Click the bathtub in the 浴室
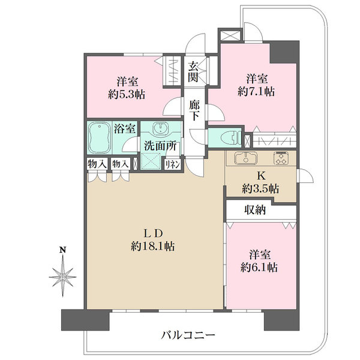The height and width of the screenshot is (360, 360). pos(100,138)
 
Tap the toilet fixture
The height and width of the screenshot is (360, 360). pos(231,138)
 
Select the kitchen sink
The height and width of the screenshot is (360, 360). pos(245,158)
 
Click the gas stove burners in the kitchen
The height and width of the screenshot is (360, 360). pos(281,158)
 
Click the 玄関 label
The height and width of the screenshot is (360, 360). pos(193,72)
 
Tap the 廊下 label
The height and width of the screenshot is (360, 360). pos(194,110)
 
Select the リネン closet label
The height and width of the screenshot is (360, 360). pos(172,165)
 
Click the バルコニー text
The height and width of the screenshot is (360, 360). pos(188,335)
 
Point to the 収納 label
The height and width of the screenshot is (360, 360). pos(255,210)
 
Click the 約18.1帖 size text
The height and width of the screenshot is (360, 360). pos(152,247)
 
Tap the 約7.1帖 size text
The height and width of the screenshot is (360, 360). pos(256,92)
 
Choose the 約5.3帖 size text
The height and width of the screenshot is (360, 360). pos(127,94)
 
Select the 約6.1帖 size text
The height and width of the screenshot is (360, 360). pos(259,267)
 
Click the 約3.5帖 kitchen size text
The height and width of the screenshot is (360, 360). pos(260,189)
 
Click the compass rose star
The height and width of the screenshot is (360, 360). pos(62,277)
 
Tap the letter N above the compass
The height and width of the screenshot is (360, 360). pos(62,250)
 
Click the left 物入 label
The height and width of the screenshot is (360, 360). pos(97,164)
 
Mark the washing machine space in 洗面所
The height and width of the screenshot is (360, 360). pos(151,161)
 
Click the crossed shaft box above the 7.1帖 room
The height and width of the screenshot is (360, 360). pos(230,36)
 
